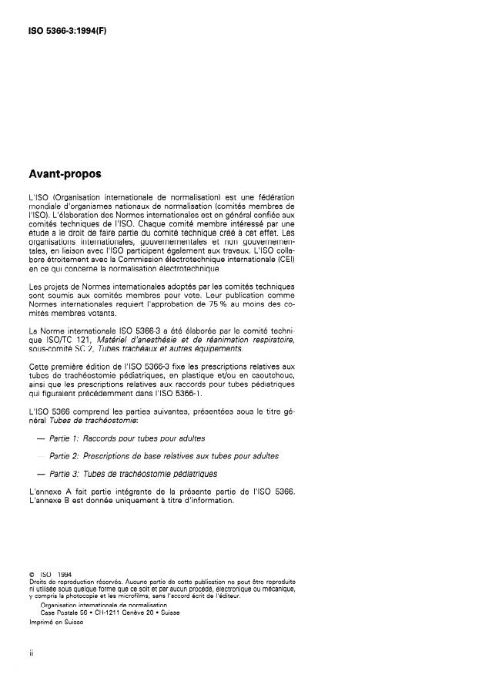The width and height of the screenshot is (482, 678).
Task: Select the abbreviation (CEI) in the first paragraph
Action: click(x=282, y=260)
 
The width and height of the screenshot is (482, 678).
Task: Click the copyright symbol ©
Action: click(x=30, y=572)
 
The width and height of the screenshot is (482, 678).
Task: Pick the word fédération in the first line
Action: click(x=275, y=198)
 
